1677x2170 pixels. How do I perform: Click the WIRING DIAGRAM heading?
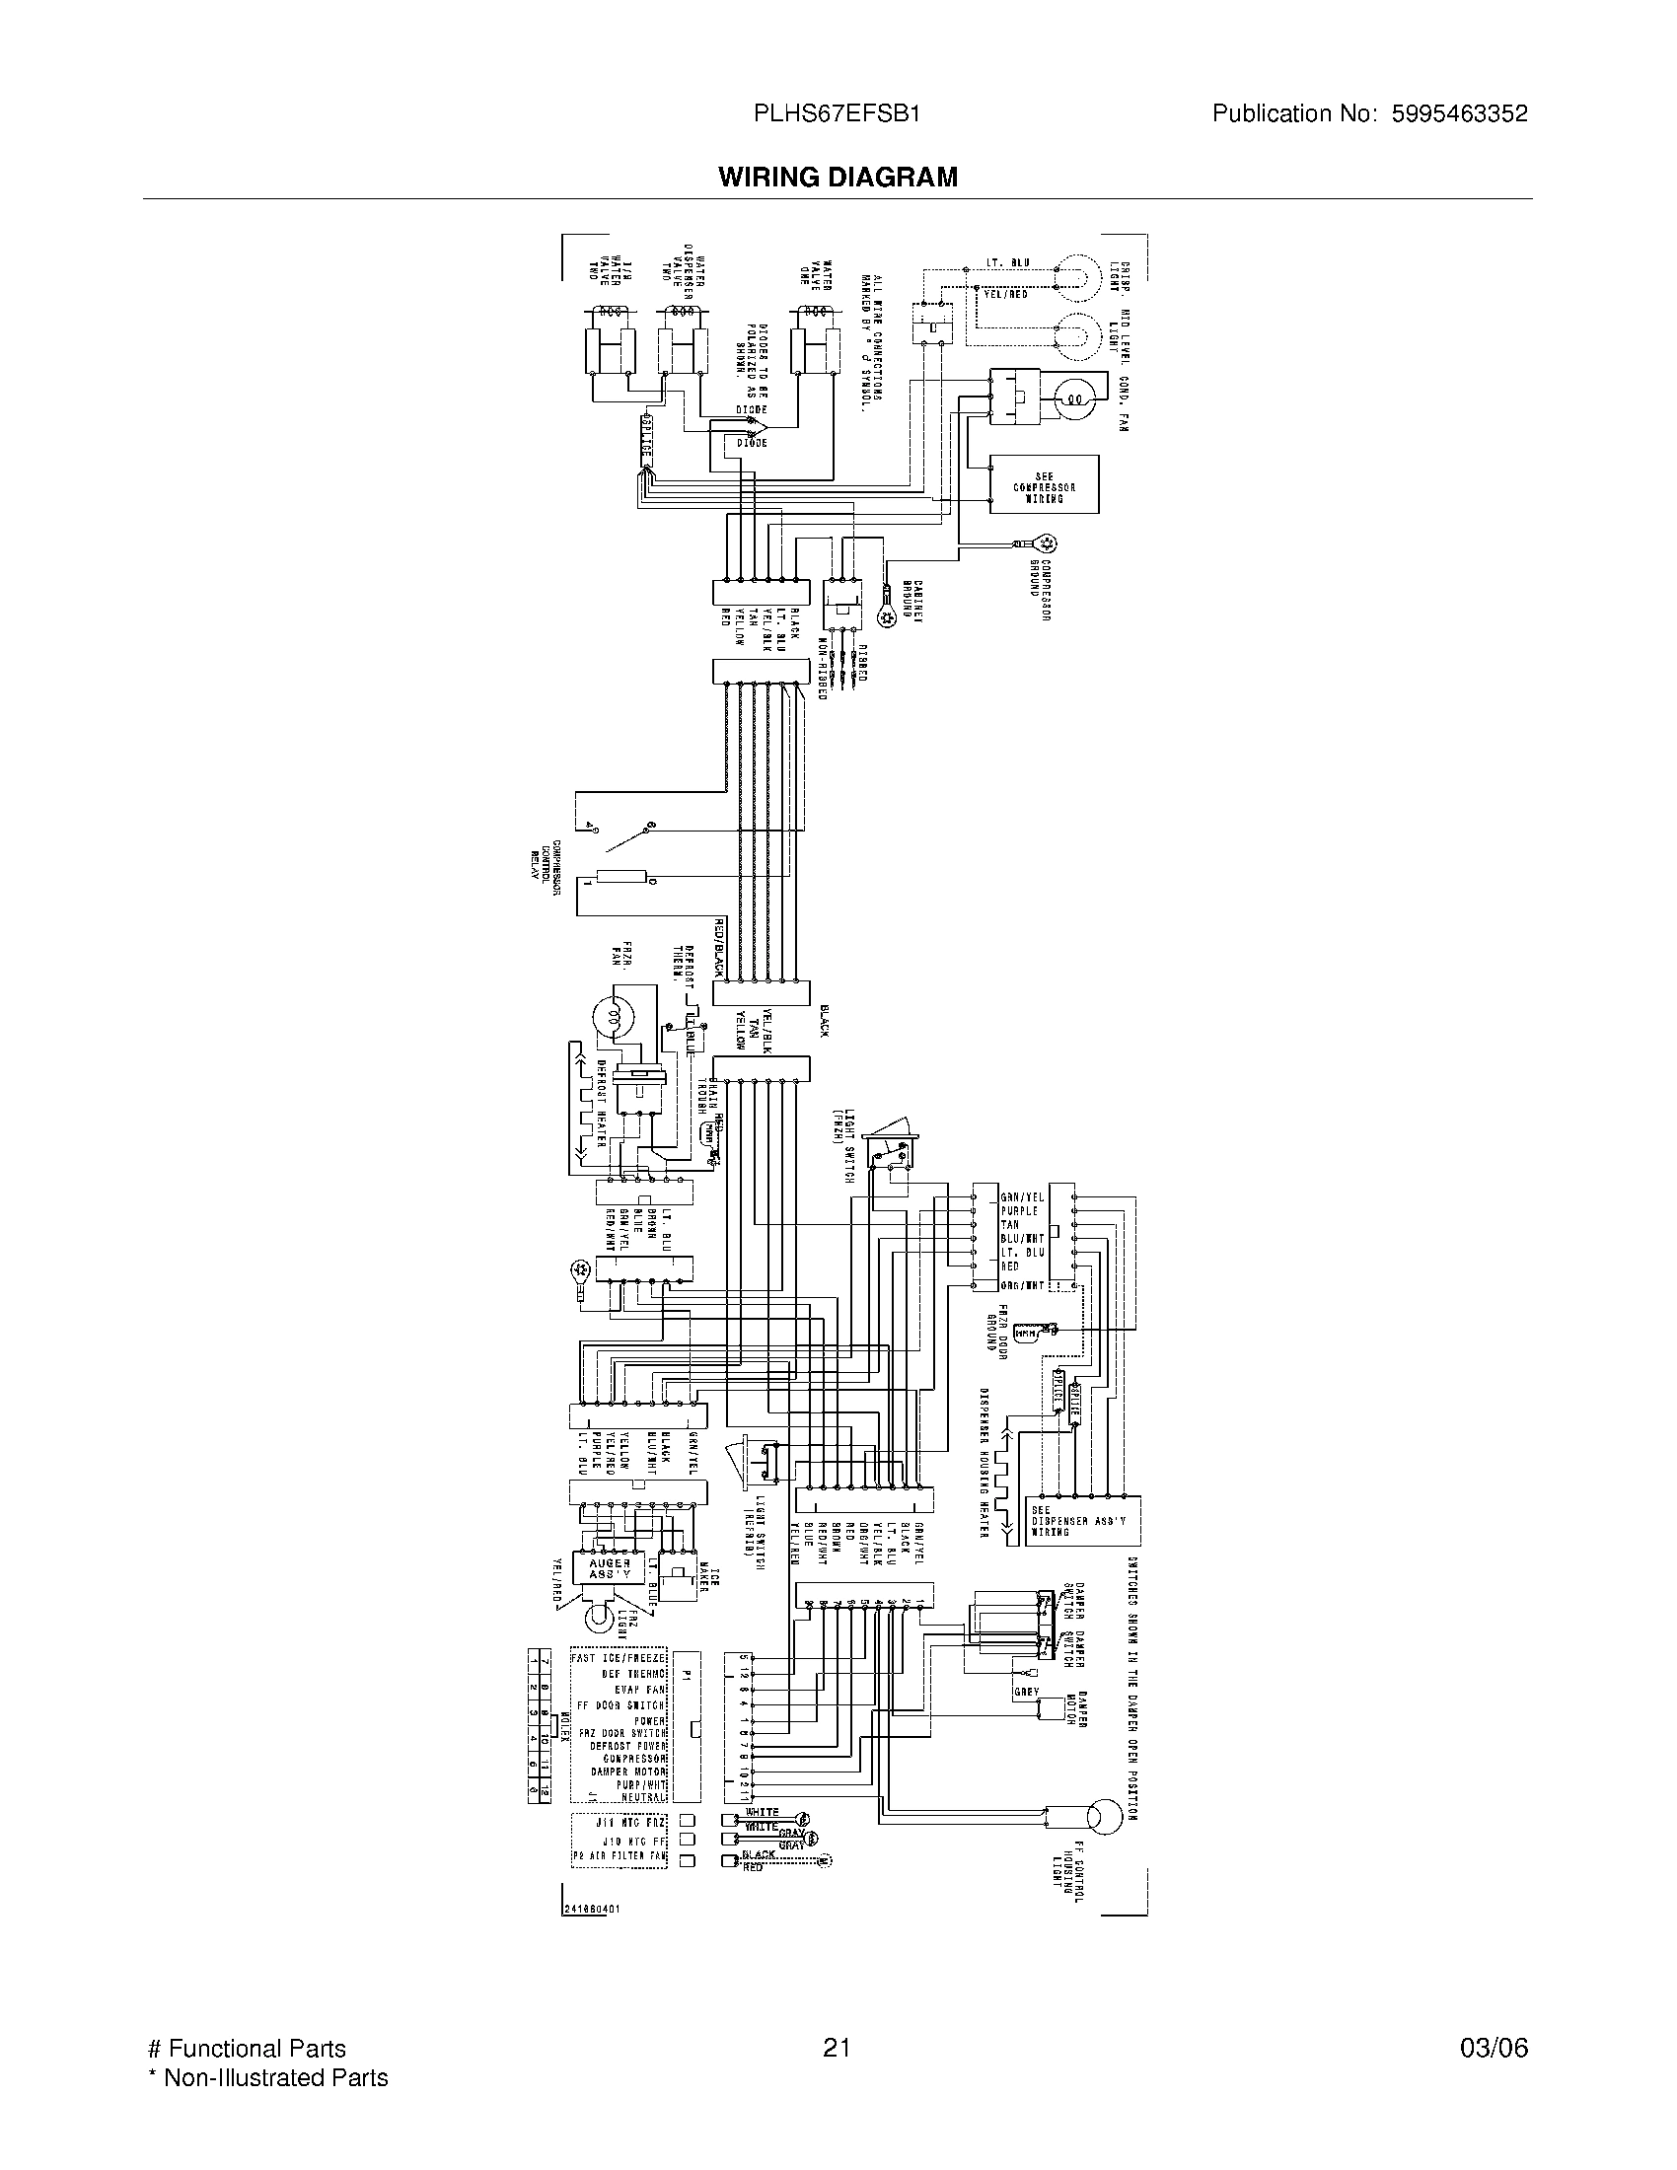point(838,177)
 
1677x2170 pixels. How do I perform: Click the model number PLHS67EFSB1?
point(837,113)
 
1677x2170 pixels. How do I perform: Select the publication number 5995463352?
point(1456,113)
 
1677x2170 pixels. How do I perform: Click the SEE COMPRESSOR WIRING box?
point(1044,485)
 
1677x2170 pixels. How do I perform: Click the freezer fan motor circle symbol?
point(611,1015)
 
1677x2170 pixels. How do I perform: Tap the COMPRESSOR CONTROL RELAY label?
point(545,867)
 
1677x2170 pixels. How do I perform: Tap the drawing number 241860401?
point(590,1910)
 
